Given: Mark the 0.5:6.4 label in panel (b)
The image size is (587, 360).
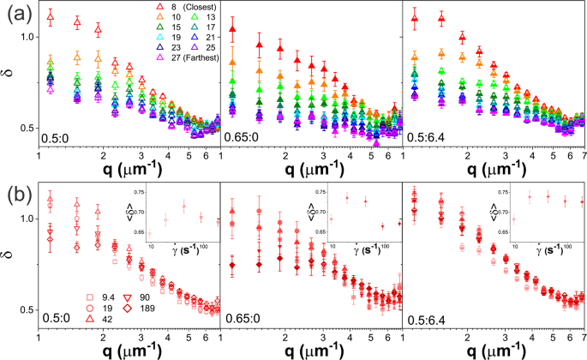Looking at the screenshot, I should [x=428, y=318].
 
